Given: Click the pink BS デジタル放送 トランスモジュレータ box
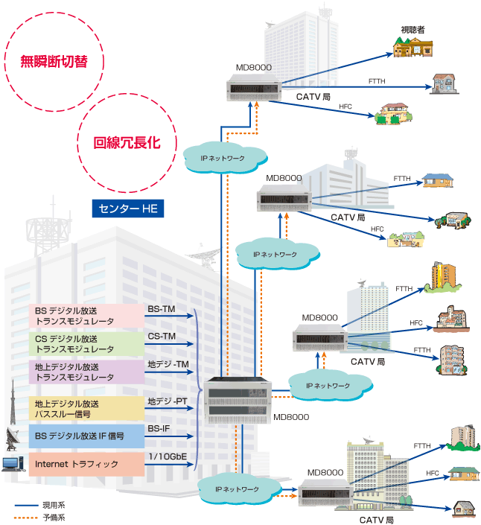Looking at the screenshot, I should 85,316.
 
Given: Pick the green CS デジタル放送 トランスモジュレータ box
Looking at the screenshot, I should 85,343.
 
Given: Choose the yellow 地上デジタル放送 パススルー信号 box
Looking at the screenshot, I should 85,408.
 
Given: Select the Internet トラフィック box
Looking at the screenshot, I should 85,464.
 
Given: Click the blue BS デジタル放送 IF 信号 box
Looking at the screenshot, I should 85,436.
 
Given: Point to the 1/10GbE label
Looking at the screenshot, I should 167,456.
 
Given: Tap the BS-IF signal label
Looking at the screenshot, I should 160,428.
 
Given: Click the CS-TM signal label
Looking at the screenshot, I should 162,336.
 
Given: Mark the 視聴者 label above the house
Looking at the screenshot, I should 412,30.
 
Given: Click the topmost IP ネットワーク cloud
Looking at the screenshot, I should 224,158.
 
